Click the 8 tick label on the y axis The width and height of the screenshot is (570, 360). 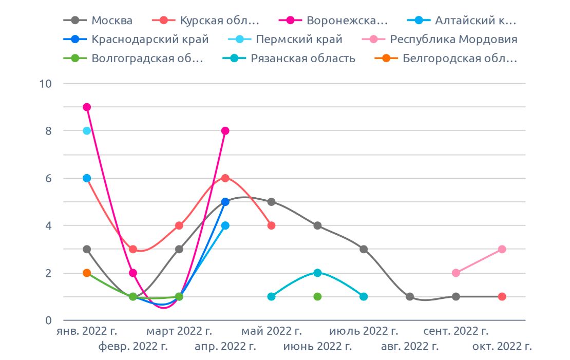pos(47,131)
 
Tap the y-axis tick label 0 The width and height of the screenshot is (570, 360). pos(48,320)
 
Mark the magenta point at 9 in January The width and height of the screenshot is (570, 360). pos(87,107)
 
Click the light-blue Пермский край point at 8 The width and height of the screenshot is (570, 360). pos(87,131)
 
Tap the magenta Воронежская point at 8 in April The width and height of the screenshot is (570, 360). pos(225,131)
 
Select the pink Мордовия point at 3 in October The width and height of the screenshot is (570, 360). pos(502,249)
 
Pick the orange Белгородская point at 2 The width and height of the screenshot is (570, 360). pos(87,273)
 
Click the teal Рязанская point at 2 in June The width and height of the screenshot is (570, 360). pos(317,273)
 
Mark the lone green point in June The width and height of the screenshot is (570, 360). pos(317,296)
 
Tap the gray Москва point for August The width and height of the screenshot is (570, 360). pos(410,296)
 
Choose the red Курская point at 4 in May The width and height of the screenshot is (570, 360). pos(271,225)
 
